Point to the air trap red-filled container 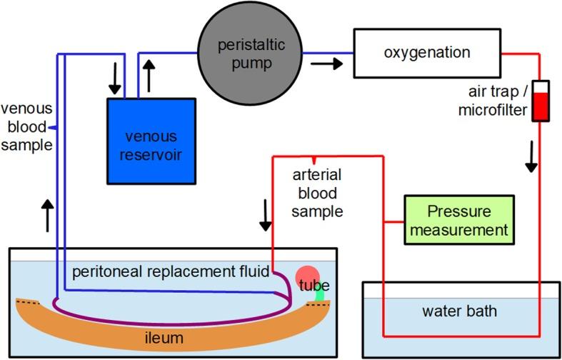[x=541, y=101]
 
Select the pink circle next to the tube [x=308, y=278]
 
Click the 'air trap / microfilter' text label [x=493, y=101]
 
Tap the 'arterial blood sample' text [x=318, y=193]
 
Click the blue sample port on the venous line [x=54, y=126]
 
